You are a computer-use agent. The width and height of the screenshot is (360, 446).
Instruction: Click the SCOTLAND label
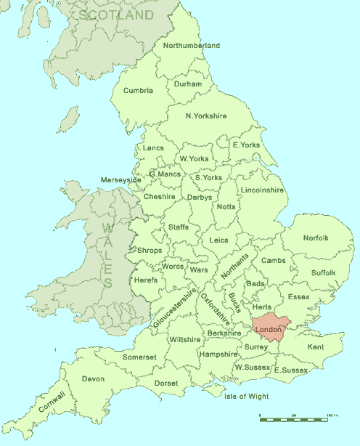coord(117,15)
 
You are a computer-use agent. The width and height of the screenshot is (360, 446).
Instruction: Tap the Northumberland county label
coord(191,46)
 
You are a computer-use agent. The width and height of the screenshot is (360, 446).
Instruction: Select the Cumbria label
coord(139,91)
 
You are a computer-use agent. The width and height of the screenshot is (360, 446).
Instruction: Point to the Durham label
coord(188,84)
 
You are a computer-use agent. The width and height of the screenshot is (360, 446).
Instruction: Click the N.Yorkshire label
coord(206,116)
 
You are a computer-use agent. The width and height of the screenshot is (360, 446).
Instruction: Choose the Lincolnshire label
coord(261,190)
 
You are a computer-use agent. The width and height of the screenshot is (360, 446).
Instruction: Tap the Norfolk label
coord(316,238)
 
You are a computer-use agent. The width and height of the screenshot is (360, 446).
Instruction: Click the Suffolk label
coord(323,273)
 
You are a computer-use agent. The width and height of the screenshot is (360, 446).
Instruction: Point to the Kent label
coord(316,348)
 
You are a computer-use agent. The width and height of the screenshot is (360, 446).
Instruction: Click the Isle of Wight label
coord(246,397)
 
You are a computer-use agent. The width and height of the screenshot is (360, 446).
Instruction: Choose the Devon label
coord(93,379)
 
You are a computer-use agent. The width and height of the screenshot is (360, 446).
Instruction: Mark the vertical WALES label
coord(107,256)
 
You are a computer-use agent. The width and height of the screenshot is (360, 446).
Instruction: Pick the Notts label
coord(226,207)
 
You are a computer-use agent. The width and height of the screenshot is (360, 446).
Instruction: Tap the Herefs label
coord(146,280)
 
